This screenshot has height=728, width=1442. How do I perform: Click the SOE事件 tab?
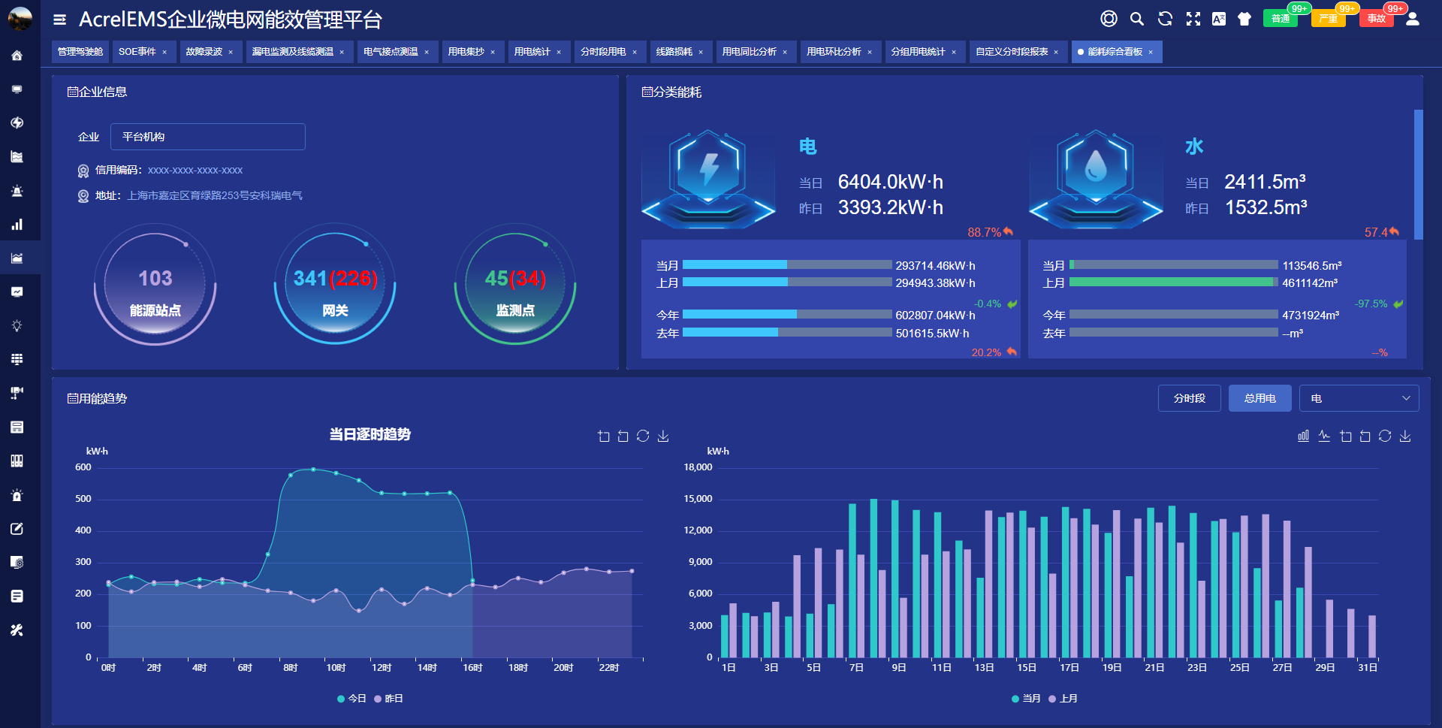click(137, 52)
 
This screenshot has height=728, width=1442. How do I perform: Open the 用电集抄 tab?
click(466, 52)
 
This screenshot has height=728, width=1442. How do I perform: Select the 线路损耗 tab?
click(674, 52)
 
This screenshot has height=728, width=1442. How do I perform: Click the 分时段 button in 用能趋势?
click(1189, 398)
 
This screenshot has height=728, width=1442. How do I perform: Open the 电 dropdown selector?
click(1359, 398)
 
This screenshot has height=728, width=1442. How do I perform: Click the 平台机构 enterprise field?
click(207, 137)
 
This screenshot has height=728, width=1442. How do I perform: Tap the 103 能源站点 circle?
click(155, 285)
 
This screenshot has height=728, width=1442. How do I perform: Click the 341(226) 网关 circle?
click(335, 285)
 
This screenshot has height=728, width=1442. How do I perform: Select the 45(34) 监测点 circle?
click(515, 285)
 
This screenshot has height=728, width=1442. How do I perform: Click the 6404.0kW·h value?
click(890, 182)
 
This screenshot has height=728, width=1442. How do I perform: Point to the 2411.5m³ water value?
click(1265, 182)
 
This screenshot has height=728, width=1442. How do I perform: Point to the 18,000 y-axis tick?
click(698, 467)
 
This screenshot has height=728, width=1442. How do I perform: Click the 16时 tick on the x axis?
click(472, 668)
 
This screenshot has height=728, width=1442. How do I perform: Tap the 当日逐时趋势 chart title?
click(370, 434)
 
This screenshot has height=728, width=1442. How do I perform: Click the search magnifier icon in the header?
click(1137, 19)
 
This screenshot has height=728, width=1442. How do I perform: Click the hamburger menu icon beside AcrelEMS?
click(60, 20)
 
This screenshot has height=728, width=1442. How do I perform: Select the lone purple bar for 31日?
click(1372, 636)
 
